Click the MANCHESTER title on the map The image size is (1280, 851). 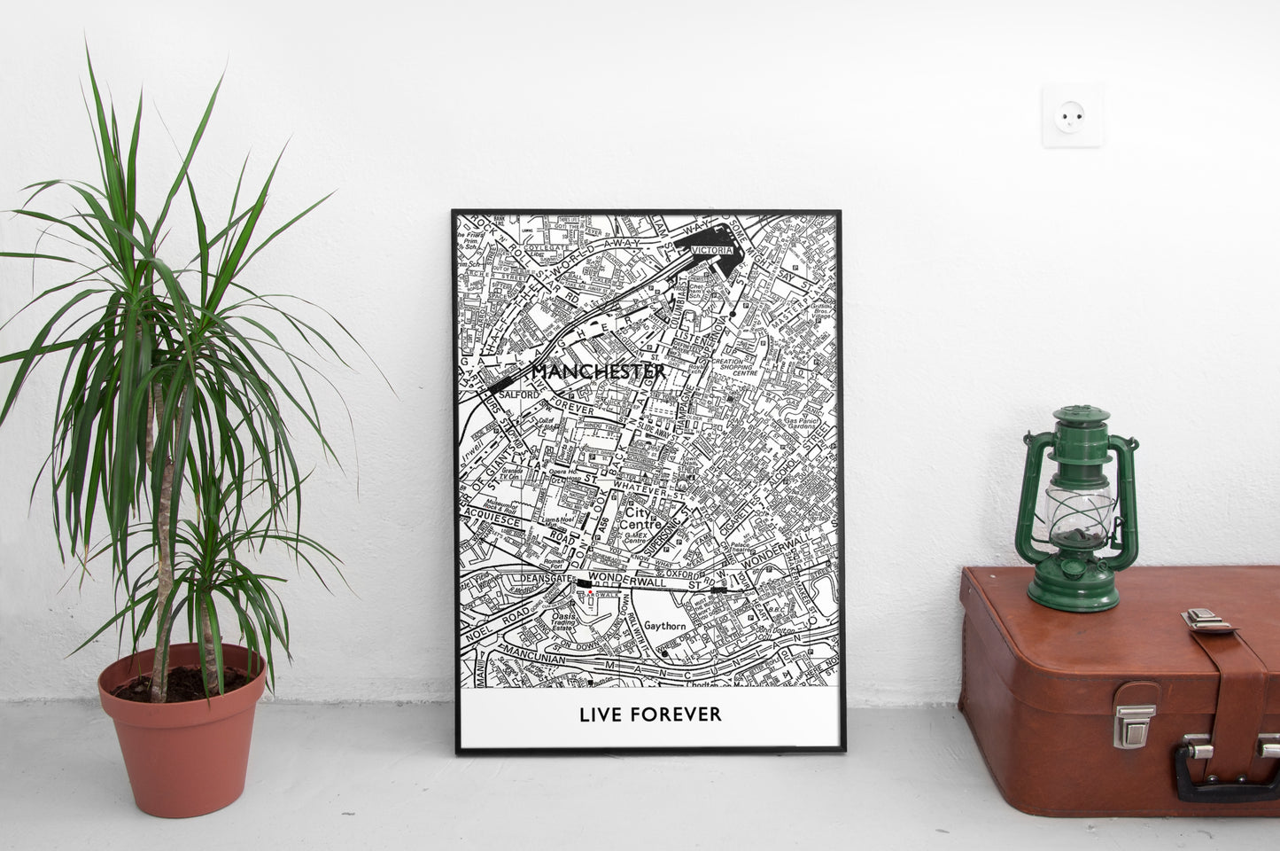tap(598, 371)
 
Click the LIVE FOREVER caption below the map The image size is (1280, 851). tap(650, 714)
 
